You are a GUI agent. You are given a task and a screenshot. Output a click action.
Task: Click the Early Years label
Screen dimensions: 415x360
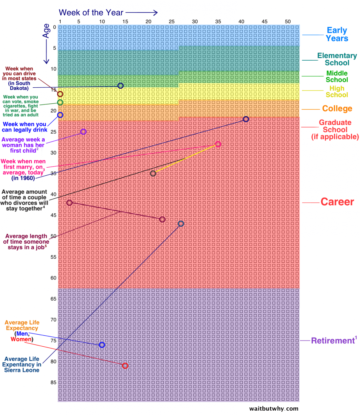point(337,34)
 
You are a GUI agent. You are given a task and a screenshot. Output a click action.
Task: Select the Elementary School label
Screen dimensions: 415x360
point(337,59)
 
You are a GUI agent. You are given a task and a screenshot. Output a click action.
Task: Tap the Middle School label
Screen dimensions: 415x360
point(337,76)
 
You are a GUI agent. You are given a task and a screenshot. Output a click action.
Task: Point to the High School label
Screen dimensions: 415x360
point(337,92)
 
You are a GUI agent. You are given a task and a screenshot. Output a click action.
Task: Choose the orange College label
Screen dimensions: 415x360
point(337,108)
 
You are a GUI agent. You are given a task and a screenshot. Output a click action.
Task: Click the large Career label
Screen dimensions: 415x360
point(337,202)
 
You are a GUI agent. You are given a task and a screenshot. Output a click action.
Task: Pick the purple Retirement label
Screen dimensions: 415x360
point(332,341)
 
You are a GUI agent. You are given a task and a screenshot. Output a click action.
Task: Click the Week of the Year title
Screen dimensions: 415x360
point(91,12)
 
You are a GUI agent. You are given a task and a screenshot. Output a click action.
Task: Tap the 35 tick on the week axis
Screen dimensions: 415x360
point(218,22)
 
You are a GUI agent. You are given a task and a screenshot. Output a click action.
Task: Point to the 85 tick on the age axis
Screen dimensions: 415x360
point(53,382)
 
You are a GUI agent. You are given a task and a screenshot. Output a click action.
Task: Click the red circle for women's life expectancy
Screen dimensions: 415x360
point(125,366)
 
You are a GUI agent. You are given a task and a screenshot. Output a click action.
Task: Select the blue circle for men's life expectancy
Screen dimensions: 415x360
point(102,345)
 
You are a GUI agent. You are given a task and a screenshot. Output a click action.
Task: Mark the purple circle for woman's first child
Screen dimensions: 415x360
point(83,132)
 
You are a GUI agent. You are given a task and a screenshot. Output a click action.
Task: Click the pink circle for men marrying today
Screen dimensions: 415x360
point(218,144)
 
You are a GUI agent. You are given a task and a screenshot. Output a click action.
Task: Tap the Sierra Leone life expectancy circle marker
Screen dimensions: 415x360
point(181,224)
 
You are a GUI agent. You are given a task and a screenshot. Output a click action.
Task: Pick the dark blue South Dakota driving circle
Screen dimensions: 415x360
point(121,86)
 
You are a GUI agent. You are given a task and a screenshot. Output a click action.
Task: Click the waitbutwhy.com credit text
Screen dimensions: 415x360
point(273,409)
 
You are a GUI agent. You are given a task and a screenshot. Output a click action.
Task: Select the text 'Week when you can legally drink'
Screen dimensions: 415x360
point(24,127)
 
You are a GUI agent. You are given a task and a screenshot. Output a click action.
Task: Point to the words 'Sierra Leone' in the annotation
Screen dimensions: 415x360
point(22,370)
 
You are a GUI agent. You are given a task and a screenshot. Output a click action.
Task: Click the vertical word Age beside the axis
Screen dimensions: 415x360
point(46,31)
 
